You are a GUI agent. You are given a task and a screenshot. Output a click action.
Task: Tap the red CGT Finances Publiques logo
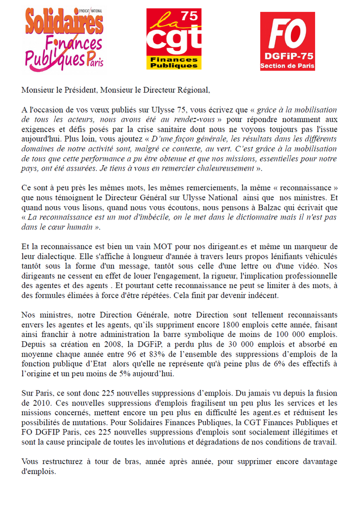174,39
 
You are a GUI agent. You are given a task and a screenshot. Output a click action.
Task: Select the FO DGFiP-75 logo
287,41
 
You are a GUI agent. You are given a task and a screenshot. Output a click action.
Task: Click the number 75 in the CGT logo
190,17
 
